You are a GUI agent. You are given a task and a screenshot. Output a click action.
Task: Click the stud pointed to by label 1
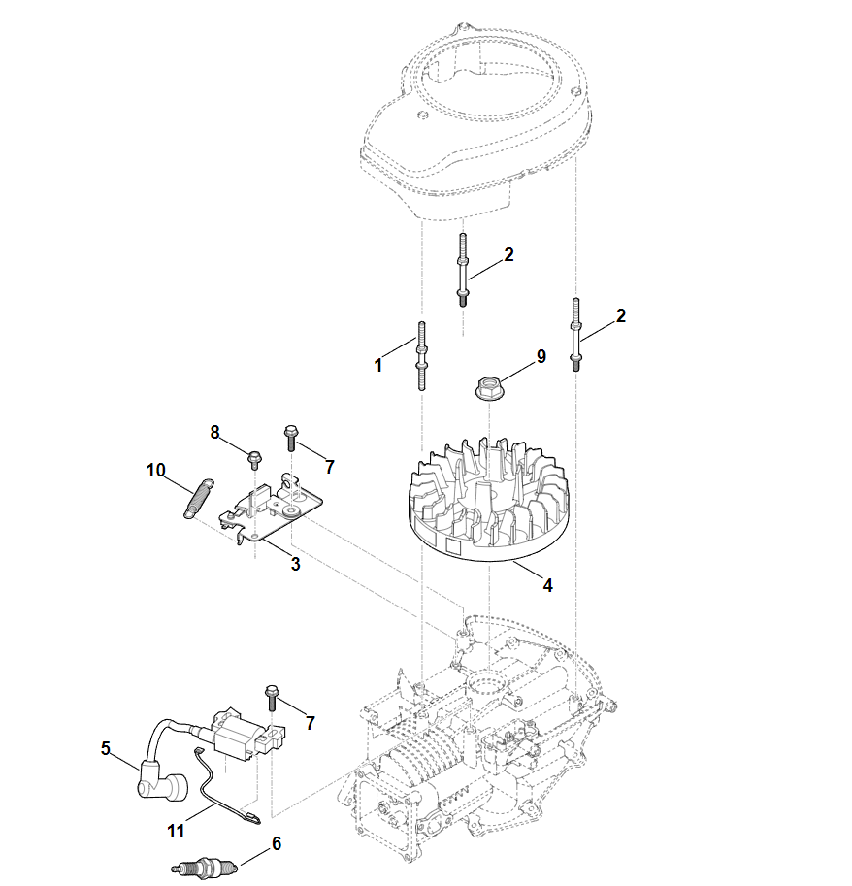(422, 356)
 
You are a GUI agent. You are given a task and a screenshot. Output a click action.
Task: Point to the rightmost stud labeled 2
(578, 335)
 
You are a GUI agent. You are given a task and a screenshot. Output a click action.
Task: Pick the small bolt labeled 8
(255, 455)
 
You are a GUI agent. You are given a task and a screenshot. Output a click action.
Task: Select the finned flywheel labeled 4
(490, 505)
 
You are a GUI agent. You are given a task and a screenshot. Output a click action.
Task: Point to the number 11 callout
(175, 831)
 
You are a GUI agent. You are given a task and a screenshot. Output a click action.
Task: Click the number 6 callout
(277, 844)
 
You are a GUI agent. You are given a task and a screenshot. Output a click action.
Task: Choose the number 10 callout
(156, 470)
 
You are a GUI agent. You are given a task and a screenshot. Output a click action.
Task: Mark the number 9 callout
(541, 356)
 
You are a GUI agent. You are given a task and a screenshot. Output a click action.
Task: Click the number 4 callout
(548, 585)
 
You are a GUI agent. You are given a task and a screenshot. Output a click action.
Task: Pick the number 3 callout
(295, 563)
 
